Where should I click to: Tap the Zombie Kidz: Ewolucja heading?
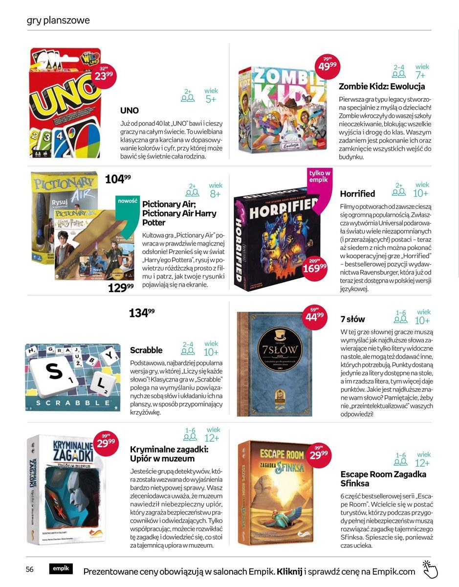[x=382, y=87]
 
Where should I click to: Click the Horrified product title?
[x=357, y=194]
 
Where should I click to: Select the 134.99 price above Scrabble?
[x=142, y=313]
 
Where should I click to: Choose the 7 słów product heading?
[x=352, y=319]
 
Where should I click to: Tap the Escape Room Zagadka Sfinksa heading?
[x=383, y=479]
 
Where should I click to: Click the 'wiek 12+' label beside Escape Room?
[x=423, y=459]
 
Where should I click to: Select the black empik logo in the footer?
[x=61, y=568]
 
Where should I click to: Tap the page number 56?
[x=30, y=569]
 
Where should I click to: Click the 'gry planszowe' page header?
[x=58, y=21]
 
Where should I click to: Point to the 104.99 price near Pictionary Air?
[x=118, y=179]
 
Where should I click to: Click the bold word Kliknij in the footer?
[x=289, y=571]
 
